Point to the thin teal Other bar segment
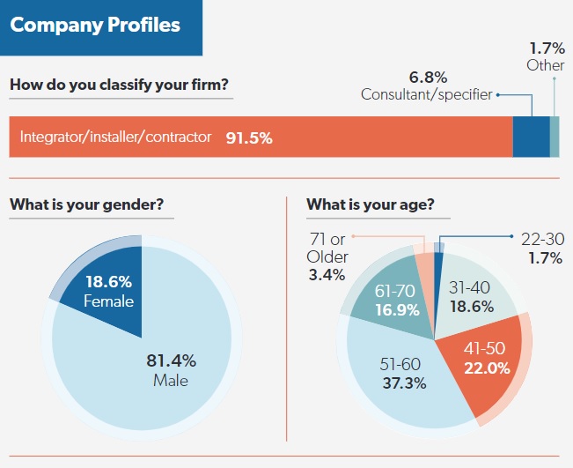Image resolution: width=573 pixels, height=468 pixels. (x=555, y=137)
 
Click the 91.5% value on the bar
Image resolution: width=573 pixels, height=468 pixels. (x=249, y=137)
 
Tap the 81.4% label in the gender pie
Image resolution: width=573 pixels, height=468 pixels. (x=171, y=360)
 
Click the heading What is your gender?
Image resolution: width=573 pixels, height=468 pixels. (x=85, y=205)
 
